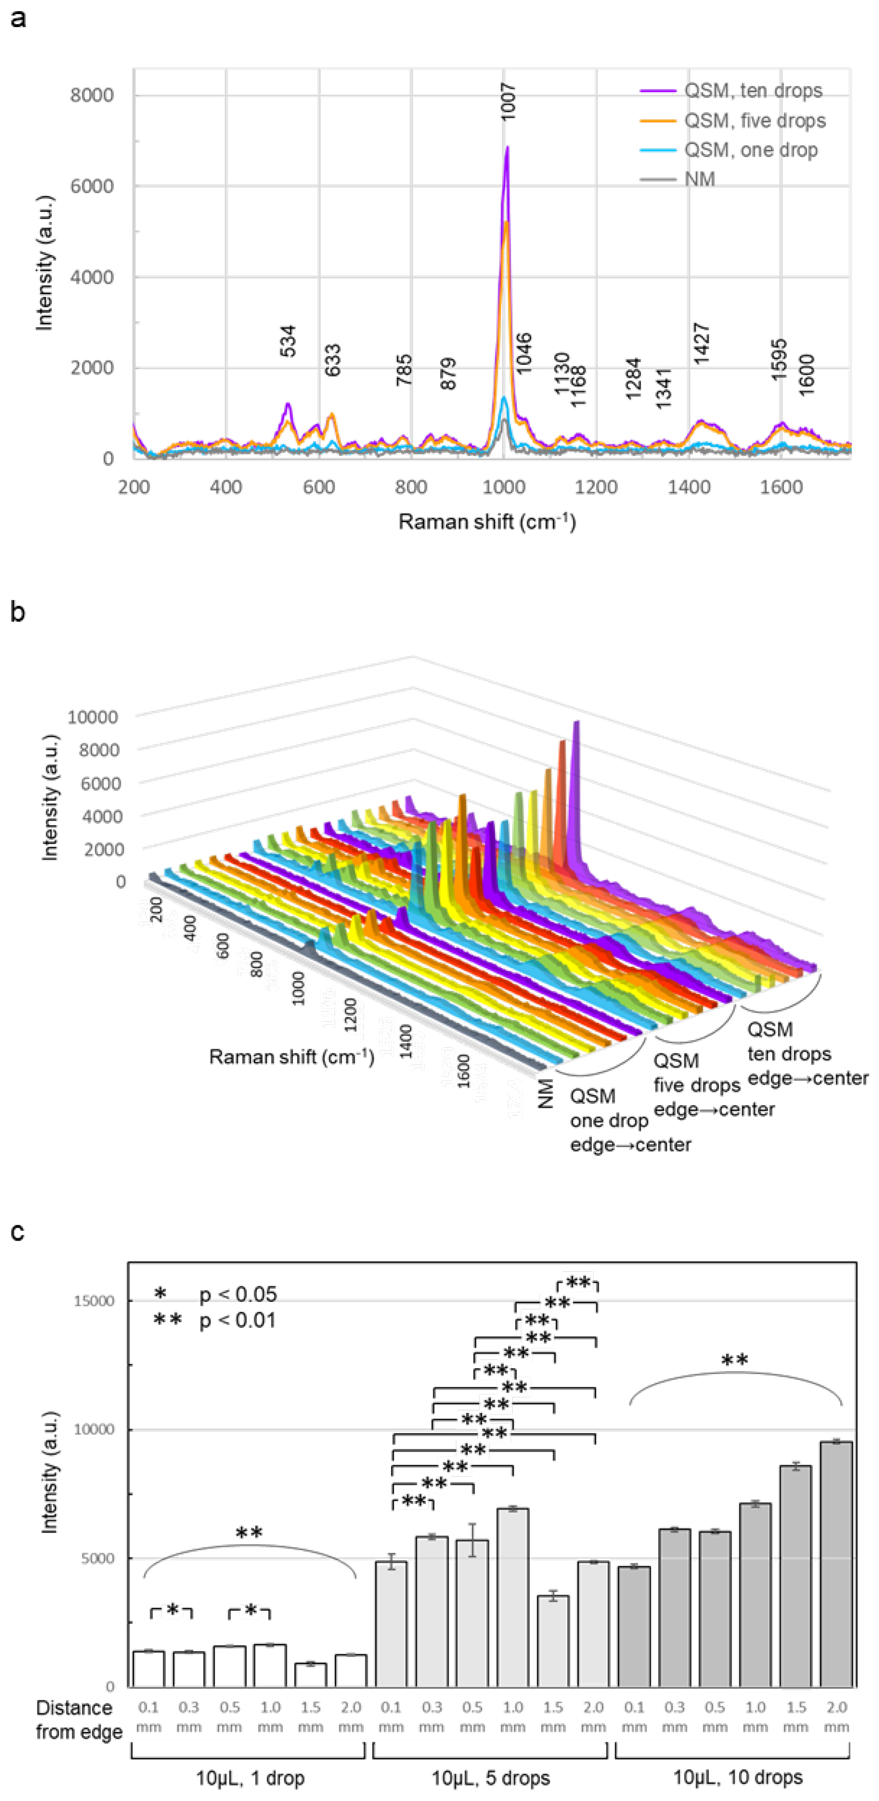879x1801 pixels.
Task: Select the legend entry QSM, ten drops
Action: tap(752, 91)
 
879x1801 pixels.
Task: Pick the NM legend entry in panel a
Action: tap(699, 180)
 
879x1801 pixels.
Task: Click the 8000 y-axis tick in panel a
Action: tap(92, 95)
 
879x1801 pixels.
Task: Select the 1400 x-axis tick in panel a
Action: tap(689, 487)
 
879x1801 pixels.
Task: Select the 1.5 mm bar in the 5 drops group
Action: tap(553, 1641)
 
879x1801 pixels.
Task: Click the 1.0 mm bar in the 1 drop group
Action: tap(270, 1665)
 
